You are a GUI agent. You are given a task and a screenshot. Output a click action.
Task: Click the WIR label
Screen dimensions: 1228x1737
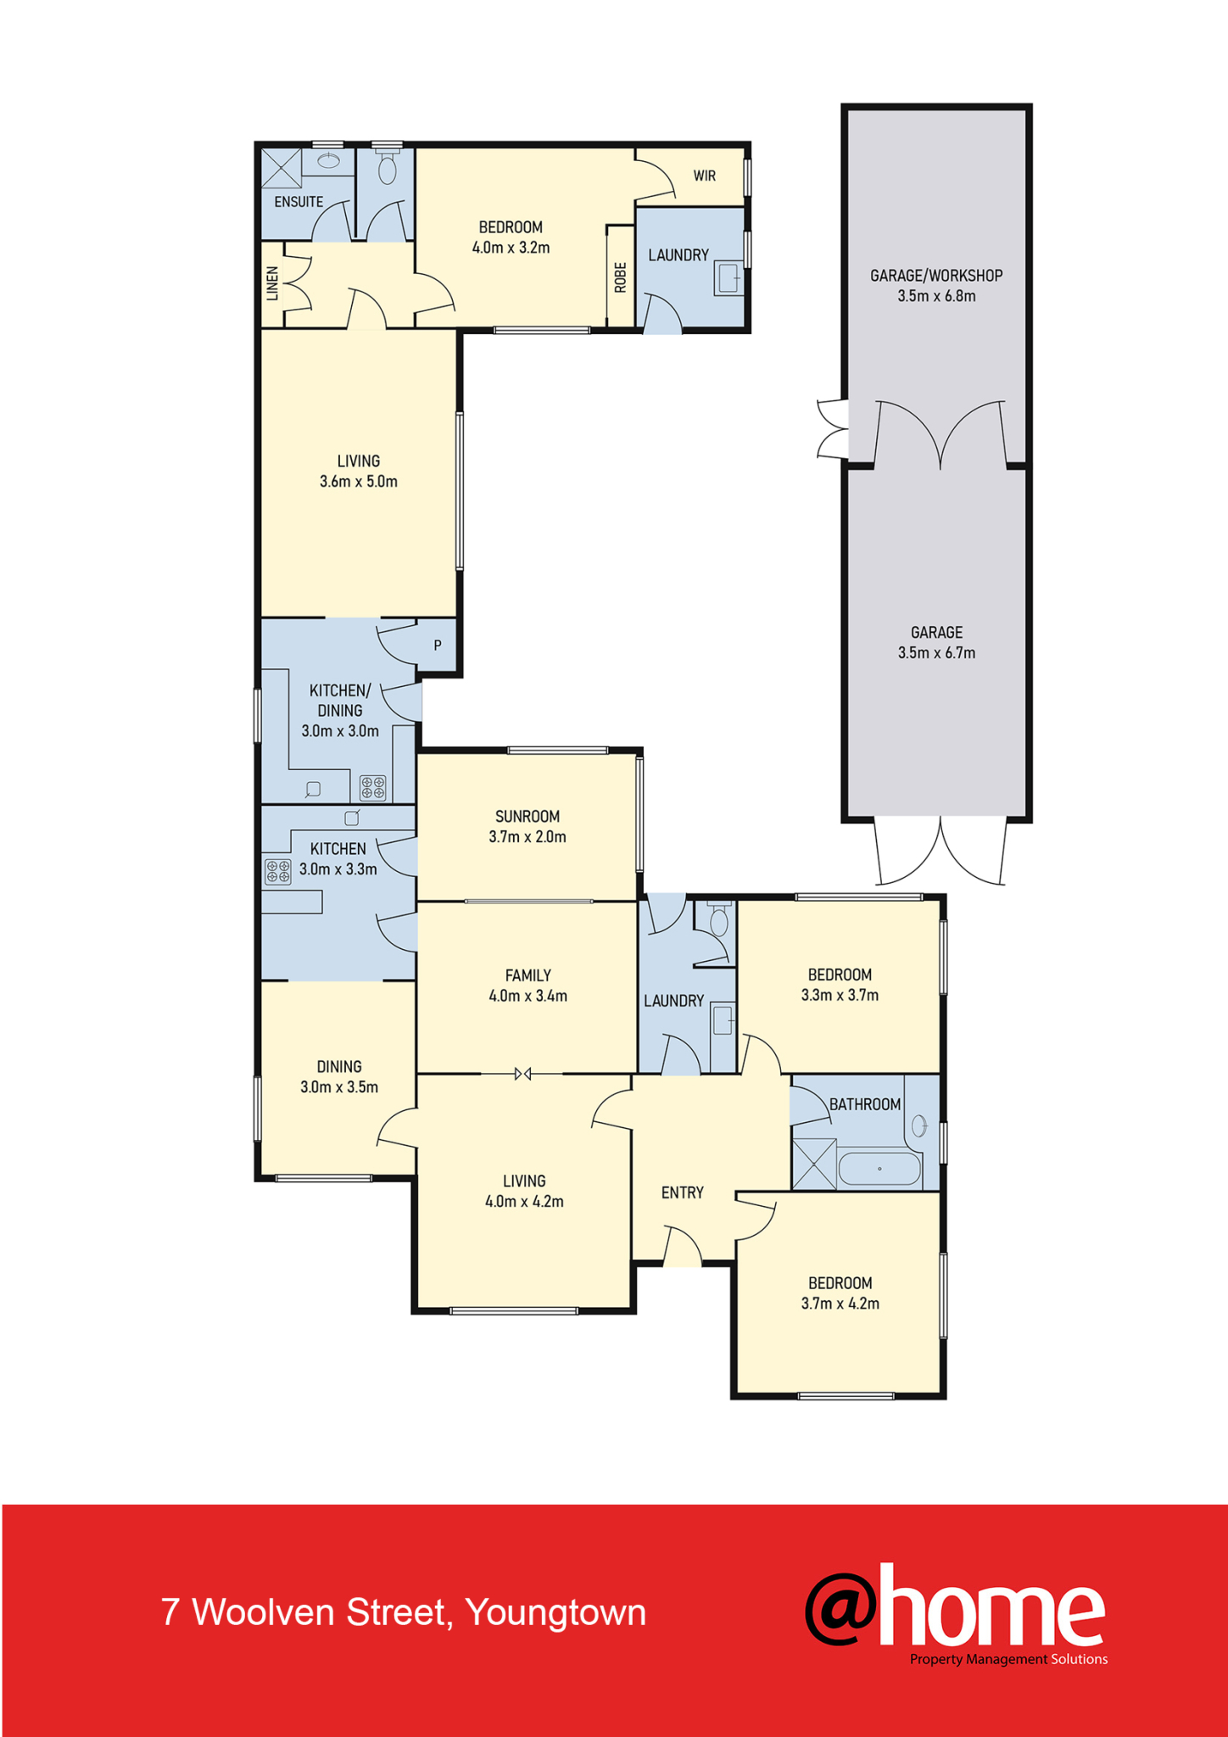click(x=704, y=176)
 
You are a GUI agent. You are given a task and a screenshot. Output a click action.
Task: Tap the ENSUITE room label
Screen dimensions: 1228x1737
click(x=299, y=202)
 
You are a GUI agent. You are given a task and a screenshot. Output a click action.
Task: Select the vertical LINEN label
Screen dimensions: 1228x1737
click(x=272, y=284)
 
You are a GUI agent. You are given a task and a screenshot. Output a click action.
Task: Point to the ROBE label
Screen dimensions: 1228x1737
click(x=620, y=277)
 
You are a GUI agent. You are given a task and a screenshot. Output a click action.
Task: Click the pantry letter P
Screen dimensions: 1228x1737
click(x=438, y=645)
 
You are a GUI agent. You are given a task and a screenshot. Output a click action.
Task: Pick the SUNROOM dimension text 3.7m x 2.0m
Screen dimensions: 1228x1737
click(x=527, y=837)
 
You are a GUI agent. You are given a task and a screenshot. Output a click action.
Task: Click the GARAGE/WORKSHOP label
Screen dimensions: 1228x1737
click(x=936, y=276)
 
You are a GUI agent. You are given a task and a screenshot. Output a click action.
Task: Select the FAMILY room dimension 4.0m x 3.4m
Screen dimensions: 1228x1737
click(x=527, y=997)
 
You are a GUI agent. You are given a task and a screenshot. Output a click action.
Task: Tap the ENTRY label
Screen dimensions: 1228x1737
click(x=683, y=1192)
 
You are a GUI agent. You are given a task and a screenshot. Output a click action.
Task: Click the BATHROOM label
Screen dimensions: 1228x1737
click(x=865, y=1104)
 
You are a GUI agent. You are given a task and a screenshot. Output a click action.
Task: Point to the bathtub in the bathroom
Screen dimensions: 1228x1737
click(x=879, y=1169)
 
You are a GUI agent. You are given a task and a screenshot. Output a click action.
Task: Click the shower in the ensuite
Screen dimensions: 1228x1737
click(x=282, y=168)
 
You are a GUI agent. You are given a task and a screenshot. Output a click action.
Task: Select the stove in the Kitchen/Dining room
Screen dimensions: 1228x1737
click(x=372, y=788)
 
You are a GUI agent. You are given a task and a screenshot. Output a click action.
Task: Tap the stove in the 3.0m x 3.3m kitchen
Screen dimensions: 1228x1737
click(x=278, y=871)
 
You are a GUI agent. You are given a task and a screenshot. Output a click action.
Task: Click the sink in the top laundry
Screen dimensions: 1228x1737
click(x=728, y=278)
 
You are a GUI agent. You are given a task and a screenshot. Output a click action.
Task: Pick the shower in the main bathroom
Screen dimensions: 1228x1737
click(x=814, y=1164)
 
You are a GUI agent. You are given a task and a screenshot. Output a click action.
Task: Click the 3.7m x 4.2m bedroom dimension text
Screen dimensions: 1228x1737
click(x=840, y=1304)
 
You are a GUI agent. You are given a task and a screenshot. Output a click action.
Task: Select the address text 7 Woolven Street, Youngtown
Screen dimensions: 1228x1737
click(x=404, y=1612)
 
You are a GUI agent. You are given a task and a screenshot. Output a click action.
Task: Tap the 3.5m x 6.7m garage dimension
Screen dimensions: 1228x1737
click(x=936, y=653)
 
